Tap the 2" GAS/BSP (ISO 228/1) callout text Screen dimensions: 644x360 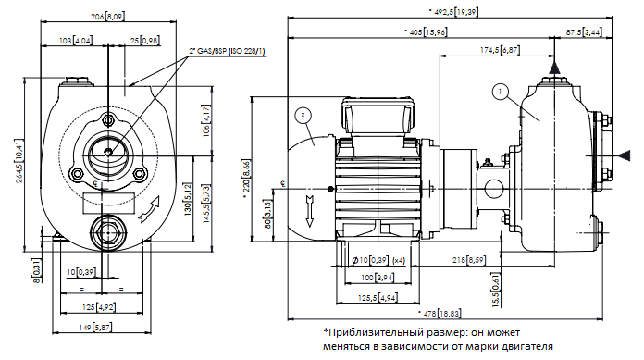click(x=227, y=52)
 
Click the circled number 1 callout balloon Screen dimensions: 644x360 click(x=500, y=92)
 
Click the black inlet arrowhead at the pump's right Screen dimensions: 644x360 click(x=624, y=155)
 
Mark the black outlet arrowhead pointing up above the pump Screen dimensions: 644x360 click(x=554, y=68)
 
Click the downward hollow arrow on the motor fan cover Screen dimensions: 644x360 click(x=310, y=211)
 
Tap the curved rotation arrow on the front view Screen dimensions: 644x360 click(x=149, y=209)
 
